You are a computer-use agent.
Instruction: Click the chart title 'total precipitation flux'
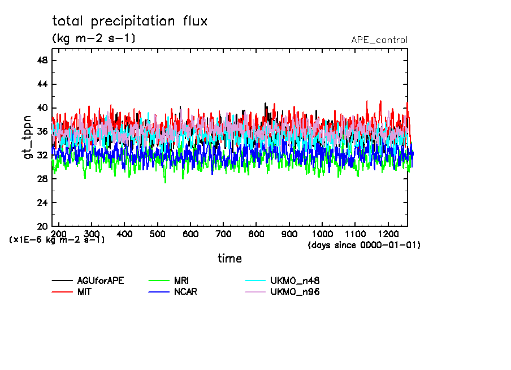[130, 21]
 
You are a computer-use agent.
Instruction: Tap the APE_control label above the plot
[379, 40]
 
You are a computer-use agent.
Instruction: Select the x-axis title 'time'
[229, 259]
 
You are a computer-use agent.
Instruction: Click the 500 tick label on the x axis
[158, 234]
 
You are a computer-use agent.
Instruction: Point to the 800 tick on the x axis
[257, 234]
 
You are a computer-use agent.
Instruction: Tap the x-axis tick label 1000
[322, 234]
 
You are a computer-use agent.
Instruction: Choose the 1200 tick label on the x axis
[388, 234]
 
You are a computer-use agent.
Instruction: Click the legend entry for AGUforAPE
[101, 280]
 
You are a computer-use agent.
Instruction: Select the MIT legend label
[85, 292]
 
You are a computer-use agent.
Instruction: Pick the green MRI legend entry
[181, 280]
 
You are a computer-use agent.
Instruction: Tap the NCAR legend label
[185, 292]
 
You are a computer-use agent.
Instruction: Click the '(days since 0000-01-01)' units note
[364, 245]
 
